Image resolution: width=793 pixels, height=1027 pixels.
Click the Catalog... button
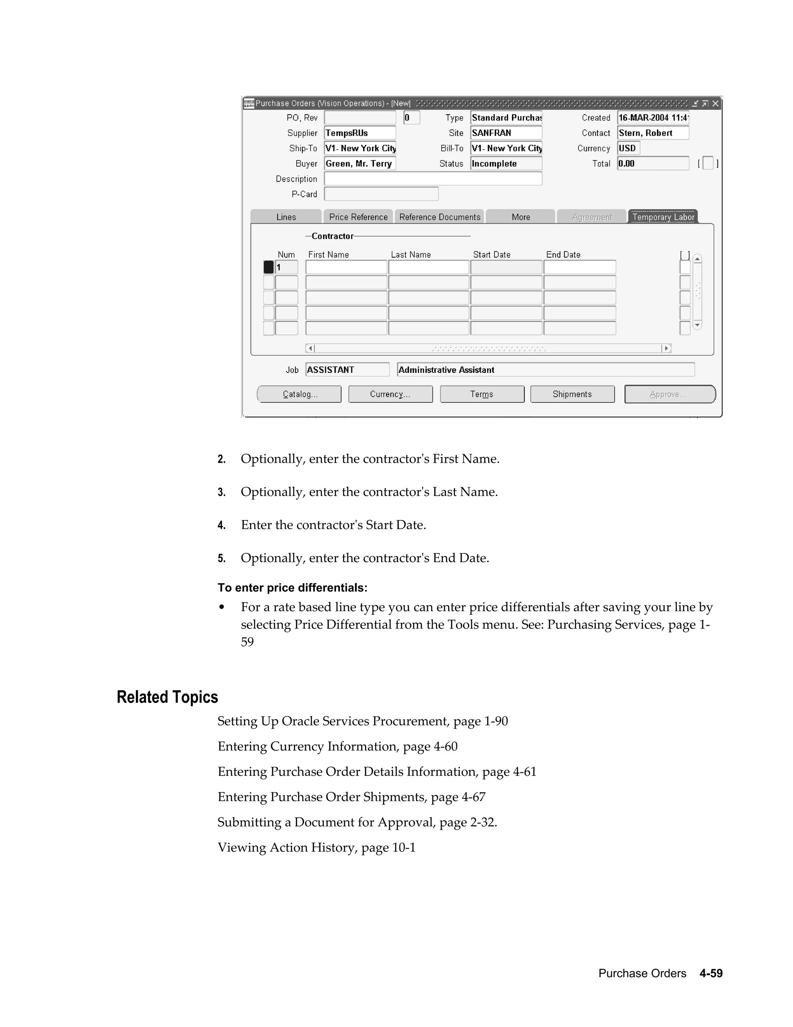tap(299, 394)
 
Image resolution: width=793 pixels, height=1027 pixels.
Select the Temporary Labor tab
tap(663, 217)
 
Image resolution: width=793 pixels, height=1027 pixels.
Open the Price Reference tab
tap(358, 217)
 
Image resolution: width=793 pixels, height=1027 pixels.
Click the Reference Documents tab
tap(439, 217)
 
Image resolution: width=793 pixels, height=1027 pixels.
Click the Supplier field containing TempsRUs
tap(360, 133)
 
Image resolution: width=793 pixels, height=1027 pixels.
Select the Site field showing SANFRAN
tap(506, 133)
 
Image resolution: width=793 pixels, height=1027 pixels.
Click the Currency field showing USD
tap(628, 148)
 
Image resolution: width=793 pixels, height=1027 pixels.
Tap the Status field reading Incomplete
tap(506, 164)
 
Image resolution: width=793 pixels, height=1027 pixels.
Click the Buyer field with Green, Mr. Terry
tap(360, 164)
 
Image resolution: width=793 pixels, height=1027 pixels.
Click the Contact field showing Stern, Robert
tap(653, 133)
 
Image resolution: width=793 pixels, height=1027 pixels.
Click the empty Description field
tap(433, 179)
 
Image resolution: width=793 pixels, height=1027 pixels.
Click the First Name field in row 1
tap(346, 267)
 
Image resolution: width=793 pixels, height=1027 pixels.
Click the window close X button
tap(715, 103)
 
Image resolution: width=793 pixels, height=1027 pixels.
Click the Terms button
tap(482, 394)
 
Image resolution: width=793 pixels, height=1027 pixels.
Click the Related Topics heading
tap(167, 697)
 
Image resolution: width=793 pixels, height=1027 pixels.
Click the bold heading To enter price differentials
tap(292, 588)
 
